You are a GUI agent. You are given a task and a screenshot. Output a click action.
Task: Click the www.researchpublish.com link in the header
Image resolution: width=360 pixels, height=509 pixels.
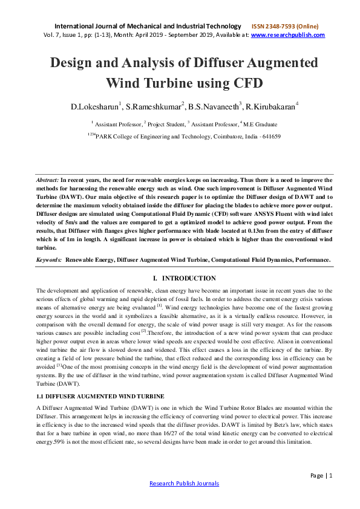(x=287, y=35)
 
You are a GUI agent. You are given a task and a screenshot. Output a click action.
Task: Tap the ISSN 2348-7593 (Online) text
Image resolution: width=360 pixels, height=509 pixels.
(x=284, y=27)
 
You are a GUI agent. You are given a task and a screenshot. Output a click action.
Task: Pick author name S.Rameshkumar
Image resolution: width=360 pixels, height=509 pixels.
(x=153, y=107)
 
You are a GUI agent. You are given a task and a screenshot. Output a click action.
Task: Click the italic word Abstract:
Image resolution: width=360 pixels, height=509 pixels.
(x=48, y=180)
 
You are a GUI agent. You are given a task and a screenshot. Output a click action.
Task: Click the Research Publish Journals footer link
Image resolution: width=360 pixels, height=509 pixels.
(x=184, y=484)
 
